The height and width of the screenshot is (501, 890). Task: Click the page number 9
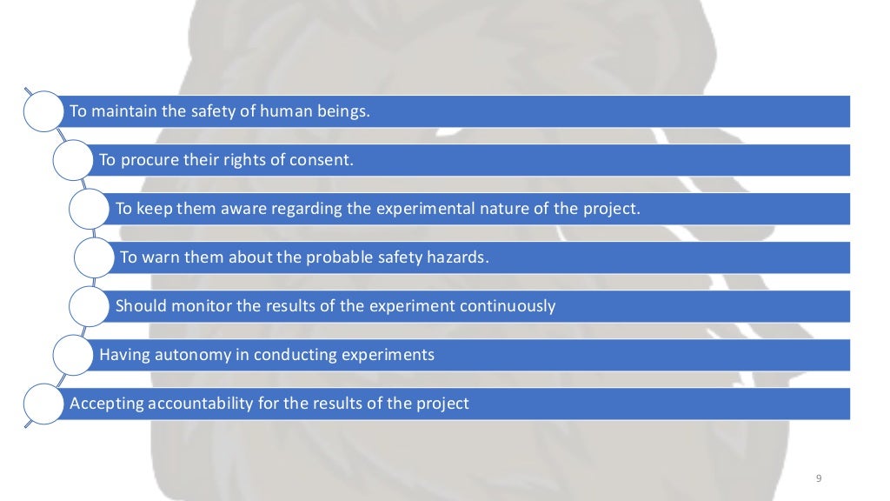(820, 478)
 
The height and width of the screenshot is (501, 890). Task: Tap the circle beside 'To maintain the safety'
(42, 111)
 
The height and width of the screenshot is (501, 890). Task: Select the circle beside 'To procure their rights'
(73, 160)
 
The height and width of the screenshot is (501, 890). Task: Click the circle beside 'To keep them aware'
(90, 209)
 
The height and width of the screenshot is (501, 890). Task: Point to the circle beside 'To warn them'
(95, 257)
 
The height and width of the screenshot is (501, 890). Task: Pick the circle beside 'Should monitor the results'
(90, 306)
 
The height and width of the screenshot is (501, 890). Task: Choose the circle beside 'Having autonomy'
(73, 355)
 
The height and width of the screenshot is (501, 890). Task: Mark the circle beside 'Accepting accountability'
(42, 404)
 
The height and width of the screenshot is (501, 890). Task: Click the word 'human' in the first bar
(262, 111)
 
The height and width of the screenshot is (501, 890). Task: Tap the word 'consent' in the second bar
(325, 160)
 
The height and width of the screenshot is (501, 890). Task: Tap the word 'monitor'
(188, 306)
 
